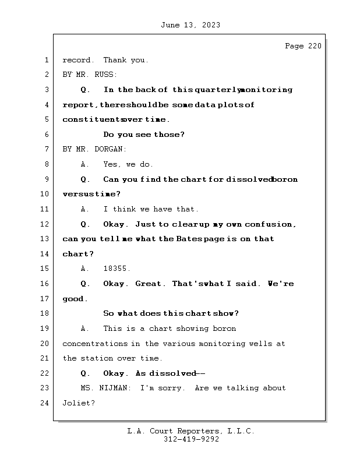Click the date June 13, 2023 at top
click(190, 25)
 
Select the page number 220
click(315, 46)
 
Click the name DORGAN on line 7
click(110, 149)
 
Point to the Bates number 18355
click(117, 269)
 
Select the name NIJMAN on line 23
click(114, 388)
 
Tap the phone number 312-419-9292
click(191, 439)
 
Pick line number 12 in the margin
click(44, 224)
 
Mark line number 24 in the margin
click(44, 403)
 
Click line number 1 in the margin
click(47, 60)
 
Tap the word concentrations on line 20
click(95, 344)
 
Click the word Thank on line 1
click(115, 60)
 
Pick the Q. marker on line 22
click(85, 373)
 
